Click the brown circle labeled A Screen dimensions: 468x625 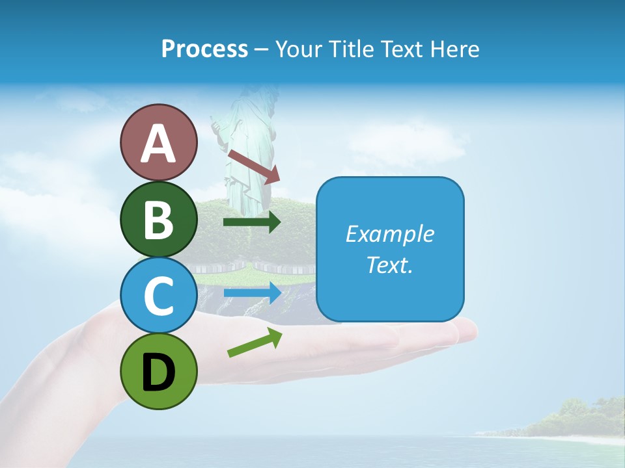tap(158, 142)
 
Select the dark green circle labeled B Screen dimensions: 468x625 tap(158, 219)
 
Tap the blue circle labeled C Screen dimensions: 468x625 tap(158, 295)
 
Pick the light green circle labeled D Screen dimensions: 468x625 tap(158, 371)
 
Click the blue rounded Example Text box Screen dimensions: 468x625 tap(390, 249)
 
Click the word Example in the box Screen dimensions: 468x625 tap(389, 234)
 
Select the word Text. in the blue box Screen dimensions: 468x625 tap(389, 265)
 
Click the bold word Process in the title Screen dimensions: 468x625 tap(204, 49)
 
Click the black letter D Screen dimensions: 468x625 tap(158, 372)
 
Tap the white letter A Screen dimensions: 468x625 tap(158, 144)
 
